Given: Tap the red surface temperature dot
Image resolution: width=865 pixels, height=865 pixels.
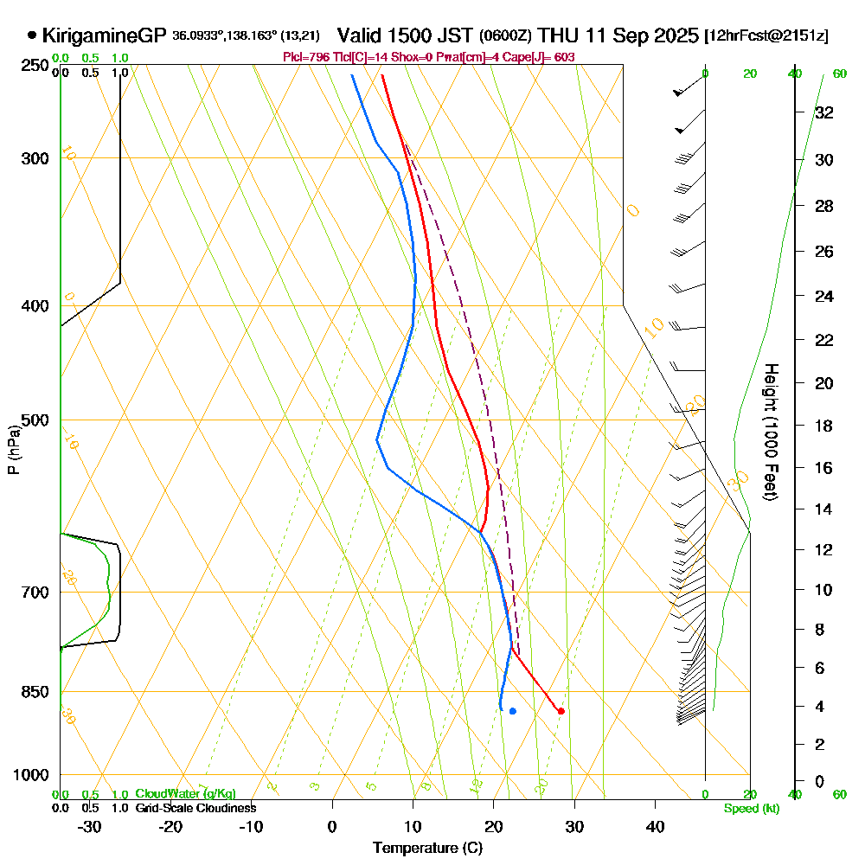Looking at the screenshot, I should click(x=561, y=711).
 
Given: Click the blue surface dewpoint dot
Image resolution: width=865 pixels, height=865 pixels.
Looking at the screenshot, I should click(x=513, y=711).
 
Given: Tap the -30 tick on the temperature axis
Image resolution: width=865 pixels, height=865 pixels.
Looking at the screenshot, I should click(x=90, y=826).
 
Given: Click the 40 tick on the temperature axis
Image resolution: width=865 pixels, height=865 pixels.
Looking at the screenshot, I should click(x=656, y=826).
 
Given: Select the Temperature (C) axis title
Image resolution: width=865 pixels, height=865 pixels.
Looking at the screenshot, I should click(x=427, y=849).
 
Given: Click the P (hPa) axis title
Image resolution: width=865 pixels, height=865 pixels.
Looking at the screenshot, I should click(x=13, y=449).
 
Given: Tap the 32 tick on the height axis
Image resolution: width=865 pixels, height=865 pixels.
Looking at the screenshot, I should click(x=823, y=112).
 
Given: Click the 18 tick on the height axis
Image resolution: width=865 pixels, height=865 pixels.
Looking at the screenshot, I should click(x=823, y=426).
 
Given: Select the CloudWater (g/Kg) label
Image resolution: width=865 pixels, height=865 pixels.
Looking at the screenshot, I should click(x=185, y=793).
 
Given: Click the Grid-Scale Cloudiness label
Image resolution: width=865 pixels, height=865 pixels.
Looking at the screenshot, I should click(x=195, y=808).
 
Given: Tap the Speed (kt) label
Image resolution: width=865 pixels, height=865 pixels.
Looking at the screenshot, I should click(x=749, y=808).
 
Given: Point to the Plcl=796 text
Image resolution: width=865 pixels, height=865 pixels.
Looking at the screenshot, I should click(x=307, y=57).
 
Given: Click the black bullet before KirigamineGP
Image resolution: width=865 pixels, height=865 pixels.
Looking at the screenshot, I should click(x=32, y=35).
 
